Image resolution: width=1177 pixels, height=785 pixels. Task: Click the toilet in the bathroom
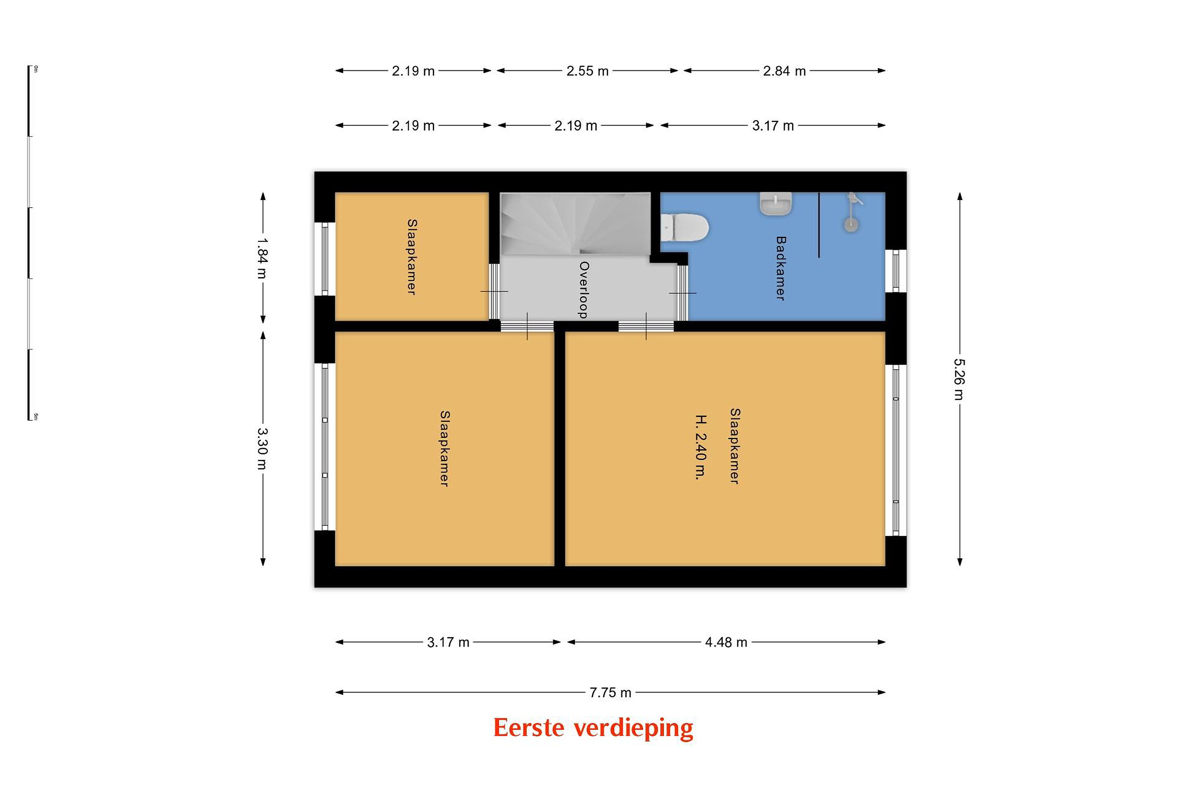[x=684, y=228]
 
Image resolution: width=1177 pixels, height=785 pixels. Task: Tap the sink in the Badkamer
[x=776, y=204]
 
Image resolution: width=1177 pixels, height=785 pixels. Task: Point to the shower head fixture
[x=852, y=212]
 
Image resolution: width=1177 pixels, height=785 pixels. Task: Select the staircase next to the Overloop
[x=575, y=224]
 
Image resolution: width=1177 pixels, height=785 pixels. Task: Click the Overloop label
[x=584, y=290]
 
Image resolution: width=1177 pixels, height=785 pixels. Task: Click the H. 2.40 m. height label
[x=701, y=447]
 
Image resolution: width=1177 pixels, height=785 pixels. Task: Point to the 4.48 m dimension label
[x=726, y=642]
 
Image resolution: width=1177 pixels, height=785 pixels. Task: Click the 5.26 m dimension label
[x=959, y=379]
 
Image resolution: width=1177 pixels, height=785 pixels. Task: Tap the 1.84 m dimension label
[x=262, y=258]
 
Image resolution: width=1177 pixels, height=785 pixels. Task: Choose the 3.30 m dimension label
[x=262, y=448]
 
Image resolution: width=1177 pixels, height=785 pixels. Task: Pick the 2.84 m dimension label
[x=784, y=71]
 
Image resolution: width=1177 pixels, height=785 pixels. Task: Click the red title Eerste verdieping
[x=593, y=727]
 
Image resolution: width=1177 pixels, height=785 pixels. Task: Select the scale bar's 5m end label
[x=36, y=417]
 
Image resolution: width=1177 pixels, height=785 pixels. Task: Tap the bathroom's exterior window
[x=896, y=271]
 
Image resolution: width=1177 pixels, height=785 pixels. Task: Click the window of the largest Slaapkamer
[x=896, y=450]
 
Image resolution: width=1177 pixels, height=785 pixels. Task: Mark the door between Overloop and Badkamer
[x=682, y=292]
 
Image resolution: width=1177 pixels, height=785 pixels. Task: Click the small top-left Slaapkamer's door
[x=495, y=292]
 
